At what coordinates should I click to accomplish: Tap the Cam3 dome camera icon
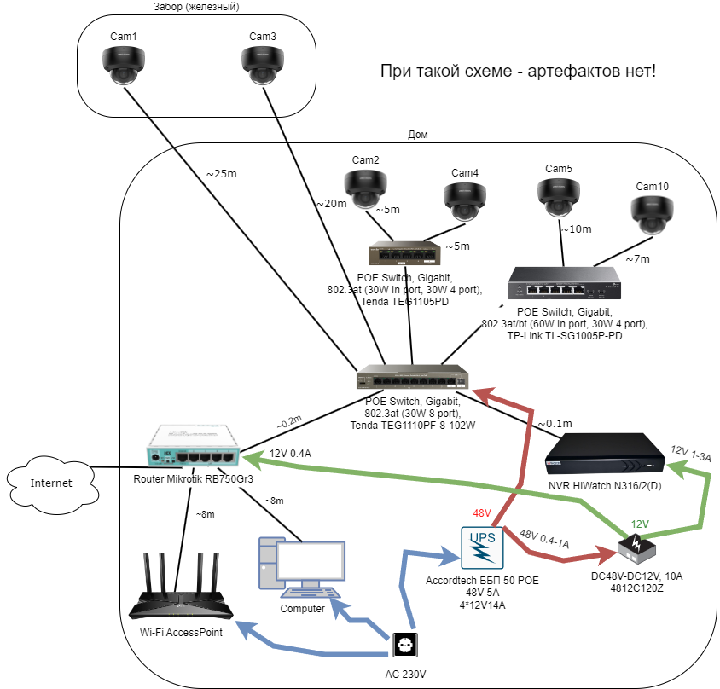pyautogui.click(x=262, y=65)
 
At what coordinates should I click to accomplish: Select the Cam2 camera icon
pyautogui.click(x=365, y=187)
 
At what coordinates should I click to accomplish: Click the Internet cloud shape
pyautogui.click(x=51, y=483)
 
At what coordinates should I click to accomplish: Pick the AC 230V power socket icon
pyautogui.click(x=406, y=646)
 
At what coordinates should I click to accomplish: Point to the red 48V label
pyautogui.click(x=482, y=512)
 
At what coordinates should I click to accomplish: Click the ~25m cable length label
pyautogui.click(x=222, y=174)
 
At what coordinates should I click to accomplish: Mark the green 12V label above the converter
pyautogui.click(x=641, y=524)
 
